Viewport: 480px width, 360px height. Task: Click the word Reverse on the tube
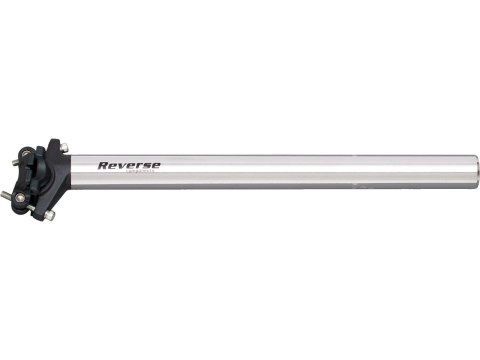point(129,165)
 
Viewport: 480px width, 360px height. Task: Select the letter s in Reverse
point(145,166)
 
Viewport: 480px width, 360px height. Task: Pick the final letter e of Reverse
point(155,166)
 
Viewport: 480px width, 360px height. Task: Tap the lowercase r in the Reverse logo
point(138,166)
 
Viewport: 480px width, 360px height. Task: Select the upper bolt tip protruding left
point(16,163)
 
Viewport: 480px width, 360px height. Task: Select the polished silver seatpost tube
point(300,171)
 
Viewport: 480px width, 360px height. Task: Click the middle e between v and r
point(129,166)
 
